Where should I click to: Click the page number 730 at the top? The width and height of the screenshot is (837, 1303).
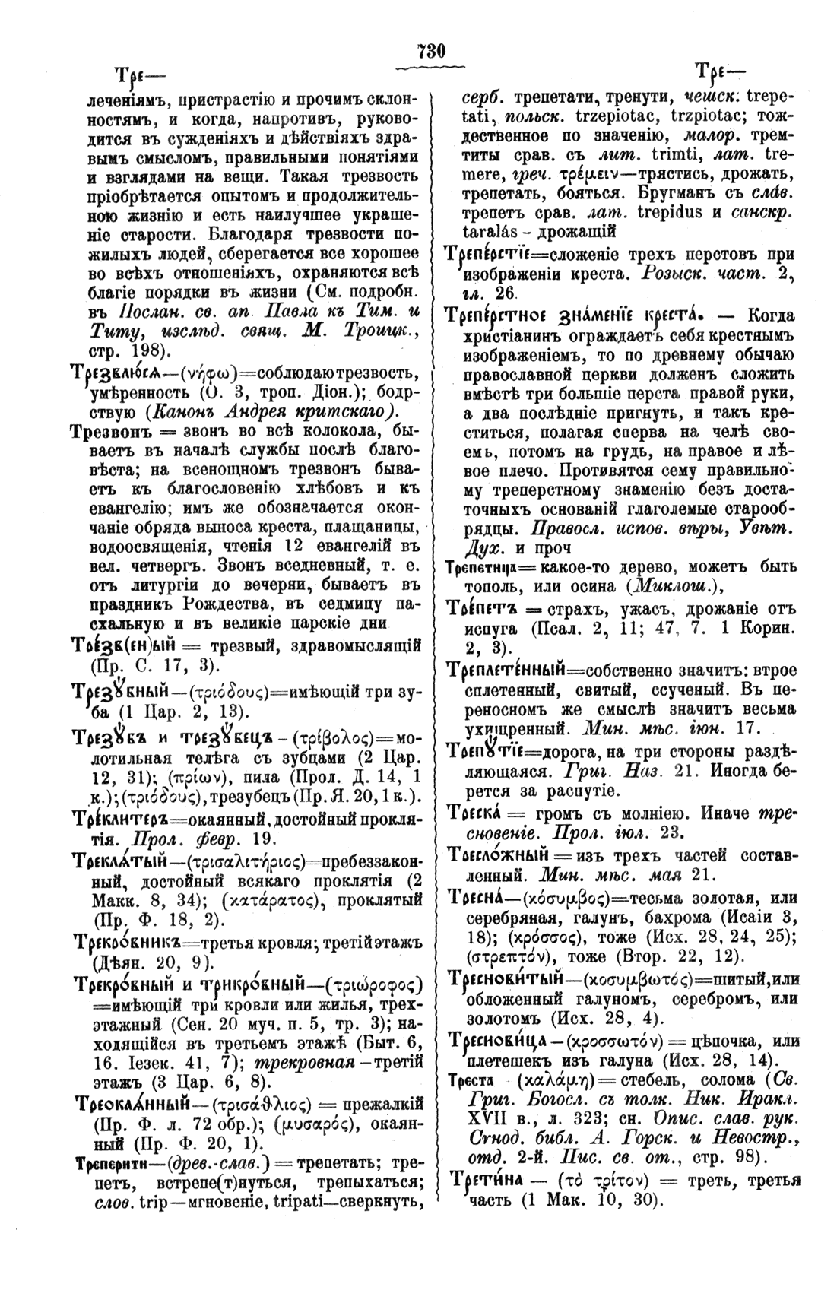[x=430, y=52]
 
